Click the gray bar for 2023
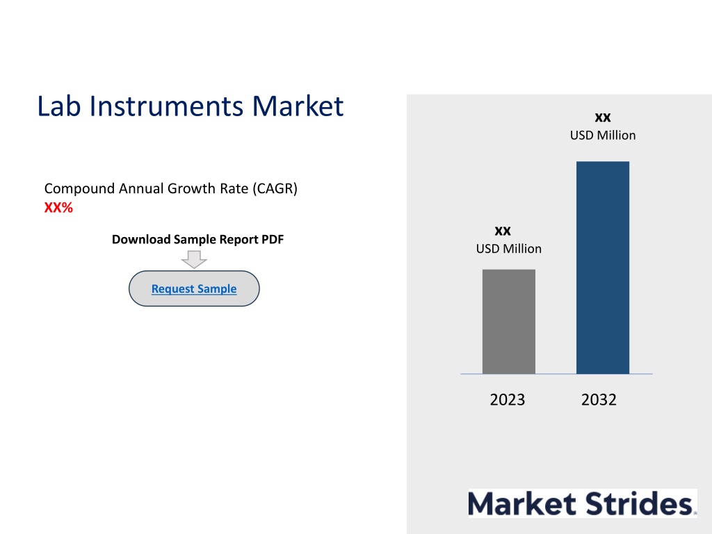tap(508, 321)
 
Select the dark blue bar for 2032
tap(603, 268)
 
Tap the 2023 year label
tap(507, 400)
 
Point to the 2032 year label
tap(599, 400)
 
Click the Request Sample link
tap(194, 289)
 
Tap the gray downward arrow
tap(194, 259)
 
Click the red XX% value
tap(58, 207)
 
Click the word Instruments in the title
tap(166, 106)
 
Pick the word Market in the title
tap(298, 106)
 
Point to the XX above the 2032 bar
tap(603, 118)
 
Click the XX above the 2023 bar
tap(503, 231)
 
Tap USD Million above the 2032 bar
tap(603, 136)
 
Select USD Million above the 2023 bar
tap(508, 249)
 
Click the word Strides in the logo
tap(638, 503)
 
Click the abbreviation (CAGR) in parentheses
tap(275, 188)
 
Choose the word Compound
tap(79, 188)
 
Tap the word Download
tap(141, 239)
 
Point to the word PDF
tap(273, 239)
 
